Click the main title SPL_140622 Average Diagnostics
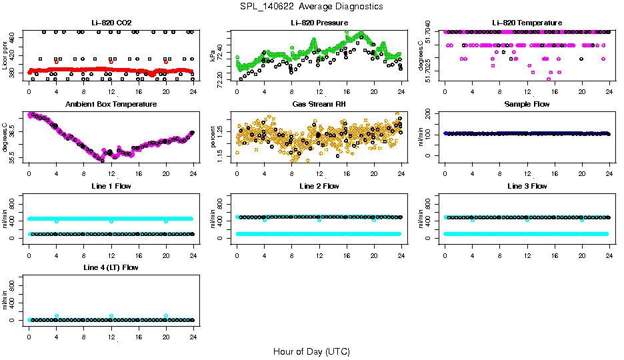[312, 6]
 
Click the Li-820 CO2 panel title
[111, 23]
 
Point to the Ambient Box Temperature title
[111, 105]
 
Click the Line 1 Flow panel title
[111, 186]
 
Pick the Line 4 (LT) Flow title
[111, 267]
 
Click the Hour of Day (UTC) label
[311, 351]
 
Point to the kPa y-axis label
[213, 56]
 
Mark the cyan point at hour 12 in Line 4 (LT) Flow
[111, 316]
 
